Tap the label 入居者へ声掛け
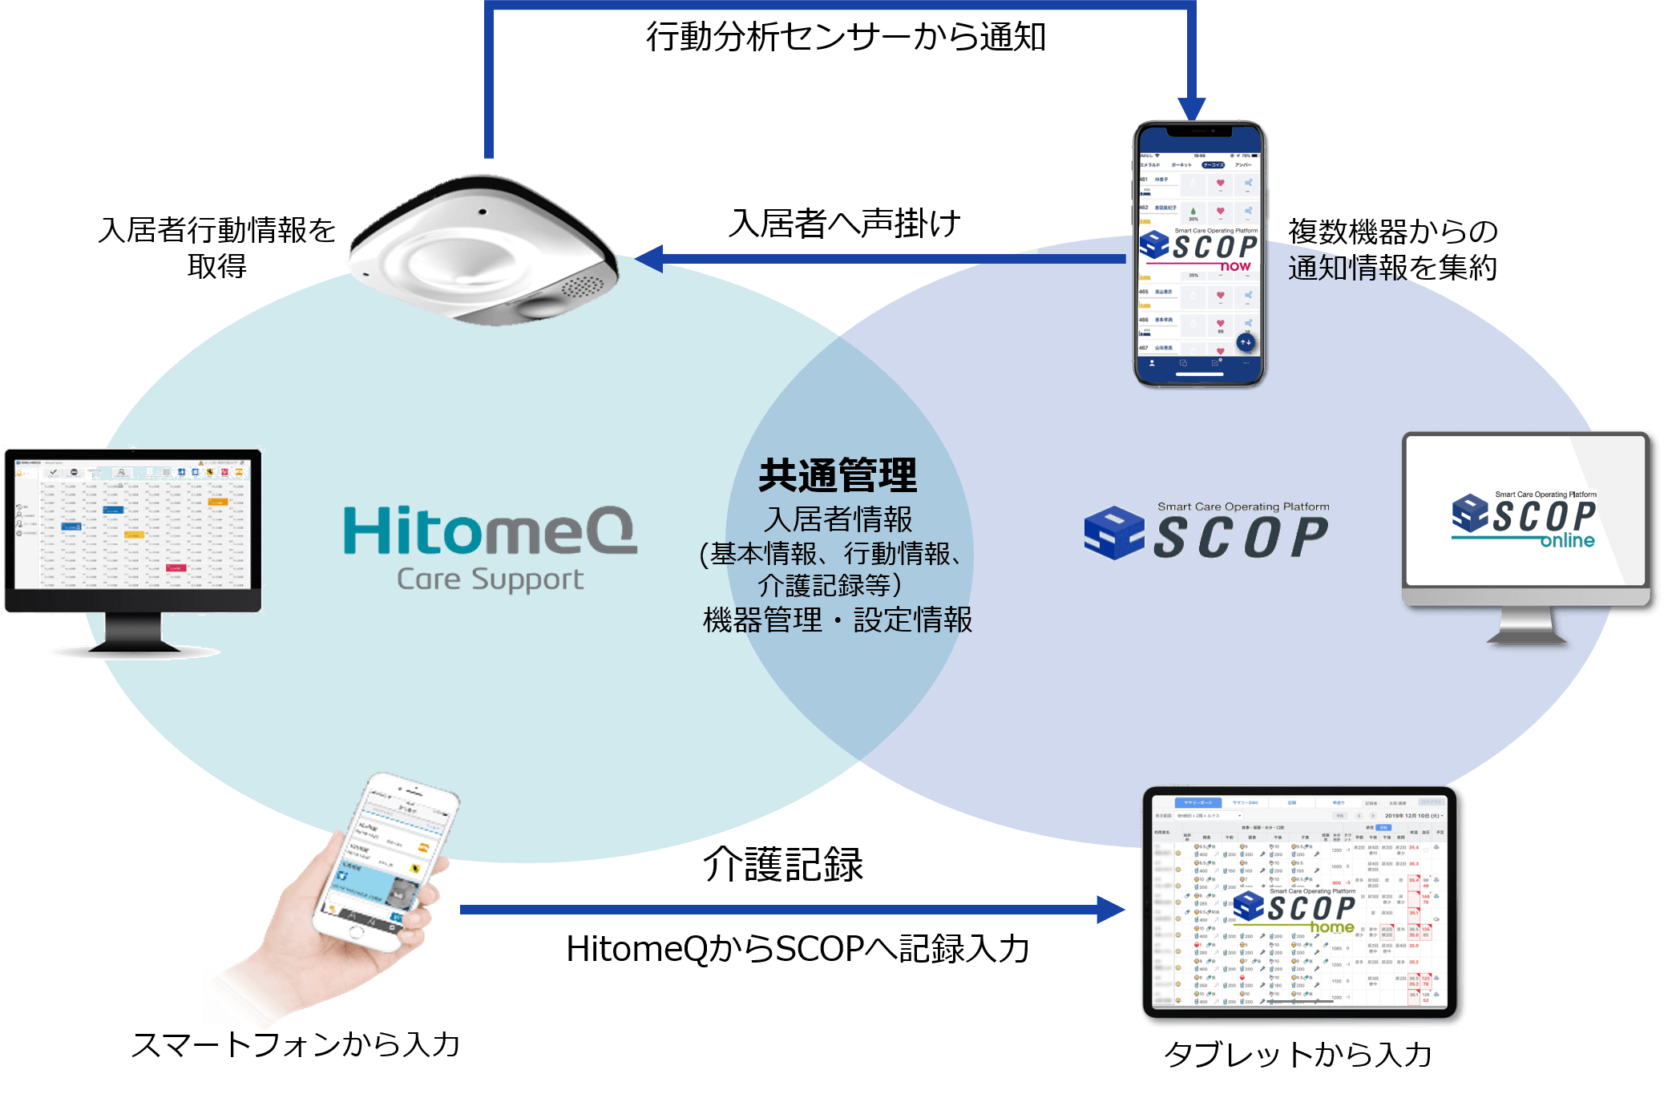[845, 224]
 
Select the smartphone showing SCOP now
[1199, 255]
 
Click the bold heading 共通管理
[837, 476]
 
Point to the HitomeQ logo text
[490, 531]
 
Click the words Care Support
[490, 579]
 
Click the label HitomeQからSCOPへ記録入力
[798, 950]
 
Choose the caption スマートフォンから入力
[297, 1046]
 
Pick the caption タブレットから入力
[1298, 1056]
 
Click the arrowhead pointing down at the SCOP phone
[1192, 109]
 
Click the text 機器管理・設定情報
[837, 620]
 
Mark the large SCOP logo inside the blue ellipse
[1206, 532]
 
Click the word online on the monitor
[1567, 541]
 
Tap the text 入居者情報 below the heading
[838, 519]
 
